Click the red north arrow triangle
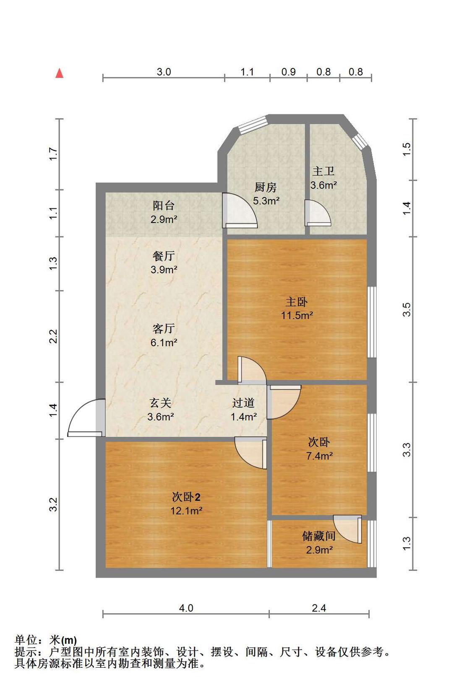[x=60, y=73]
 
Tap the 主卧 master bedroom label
[x=297, y=301]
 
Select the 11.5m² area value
[x=297, y=316]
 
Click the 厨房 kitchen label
[x=266, y=187]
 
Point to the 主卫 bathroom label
[x=323, y=171]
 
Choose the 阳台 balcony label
[x=164, y=205]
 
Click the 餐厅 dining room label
[x=164, y=256]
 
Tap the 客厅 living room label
[x=164, y=328]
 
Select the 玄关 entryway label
[x=160, y=403]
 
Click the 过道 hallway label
[x=243, y=403]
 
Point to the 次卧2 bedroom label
[x=186, y=497]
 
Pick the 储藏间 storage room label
[x=319, y=536]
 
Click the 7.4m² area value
[x=319, y=456]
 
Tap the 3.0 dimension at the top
[x=164, y=72]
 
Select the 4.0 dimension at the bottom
[x=186, y=608]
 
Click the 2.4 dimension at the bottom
[x=319, y=608]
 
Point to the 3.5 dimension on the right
[x=407, y=310]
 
